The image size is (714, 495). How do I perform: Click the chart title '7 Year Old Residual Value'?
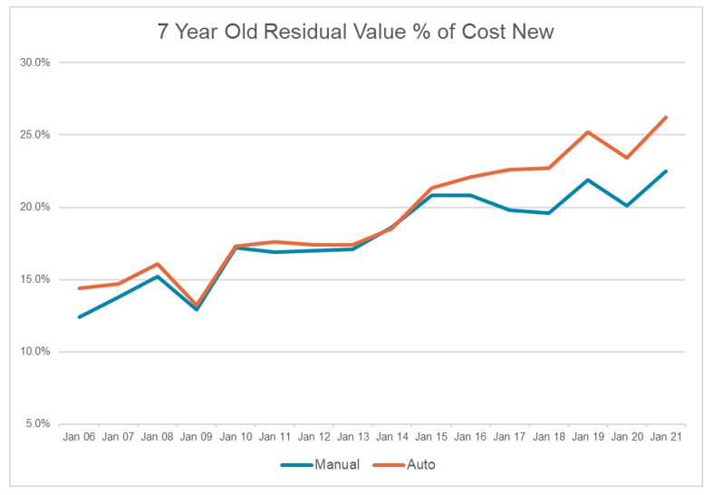356,32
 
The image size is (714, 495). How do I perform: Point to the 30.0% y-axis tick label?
35,63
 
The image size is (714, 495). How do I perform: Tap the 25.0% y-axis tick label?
35,135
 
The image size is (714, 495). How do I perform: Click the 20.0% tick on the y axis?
35,207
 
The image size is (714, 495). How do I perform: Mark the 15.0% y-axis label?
35,279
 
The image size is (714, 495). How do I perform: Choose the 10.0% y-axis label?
35,352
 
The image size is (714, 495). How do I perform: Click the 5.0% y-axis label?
37,423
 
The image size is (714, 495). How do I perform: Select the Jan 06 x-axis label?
79,437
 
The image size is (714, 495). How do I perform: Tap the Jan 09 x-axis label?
197,437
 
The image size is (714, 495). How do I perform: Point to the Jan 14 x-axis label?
392,437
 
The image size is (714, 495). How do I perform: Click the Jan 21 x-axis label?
666,437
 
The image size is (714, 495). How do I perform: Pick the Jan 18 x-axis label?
549,437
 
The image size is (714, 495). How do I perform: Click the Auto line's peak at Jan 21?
666,117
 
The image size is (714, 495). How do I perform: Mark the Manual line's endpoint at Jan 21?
666,170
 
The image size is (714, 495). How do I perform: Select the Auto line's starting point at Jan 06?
79,288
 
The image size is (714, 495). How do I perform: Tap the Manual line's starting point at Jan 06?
79,317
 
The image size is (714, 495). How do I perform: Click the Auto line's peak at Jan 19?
588,131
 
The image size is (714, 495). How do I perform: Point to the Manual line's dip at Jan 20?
627,206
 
